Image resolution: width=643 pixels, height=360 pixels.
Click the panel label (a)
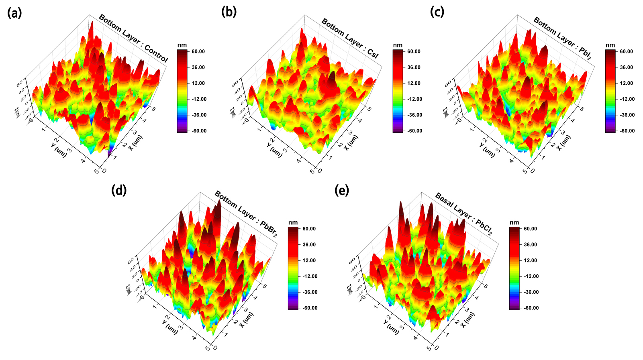(14, 13)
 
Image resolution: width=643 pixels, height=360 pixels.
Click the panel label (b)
(229, 12)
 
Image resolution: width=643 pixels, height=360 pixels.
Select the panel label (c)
(437, 12)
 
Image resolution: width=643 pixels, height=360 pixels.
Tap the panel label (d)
(119, 190)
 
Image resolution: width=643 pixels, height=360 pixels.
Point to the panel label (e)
(342, 190)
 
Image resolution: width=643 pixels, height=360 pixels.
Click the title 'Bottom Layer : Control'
(133, 38)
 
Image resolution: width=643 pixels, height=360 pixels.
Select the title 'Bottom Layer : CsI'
(350, 38)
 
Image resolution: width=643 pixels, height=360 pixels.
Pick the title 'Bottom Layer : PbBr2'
(246, 214)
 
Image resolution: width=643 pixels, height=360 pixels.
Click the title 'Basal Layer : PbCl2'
(464, 214)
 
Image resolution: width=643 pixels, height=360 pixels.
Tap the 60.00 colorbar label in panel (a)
(198, 51)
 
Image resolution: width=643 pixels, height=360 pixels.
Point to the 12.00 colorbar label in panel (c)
(627, 83)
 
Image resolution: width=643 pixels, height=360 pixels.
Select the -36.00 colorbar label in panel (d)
(309, 292)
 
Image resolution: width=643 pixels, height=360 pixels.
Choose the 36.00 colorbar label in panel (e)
(530, 244)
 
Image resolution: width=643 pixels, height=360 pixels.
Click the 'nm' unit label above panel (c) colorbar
(610, 45)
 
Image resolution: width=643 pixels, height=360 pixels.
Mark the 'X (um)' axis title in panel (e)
(468, 320)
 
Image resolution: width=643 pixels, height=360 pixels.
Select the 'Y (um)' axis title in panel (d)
(170, 325)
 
